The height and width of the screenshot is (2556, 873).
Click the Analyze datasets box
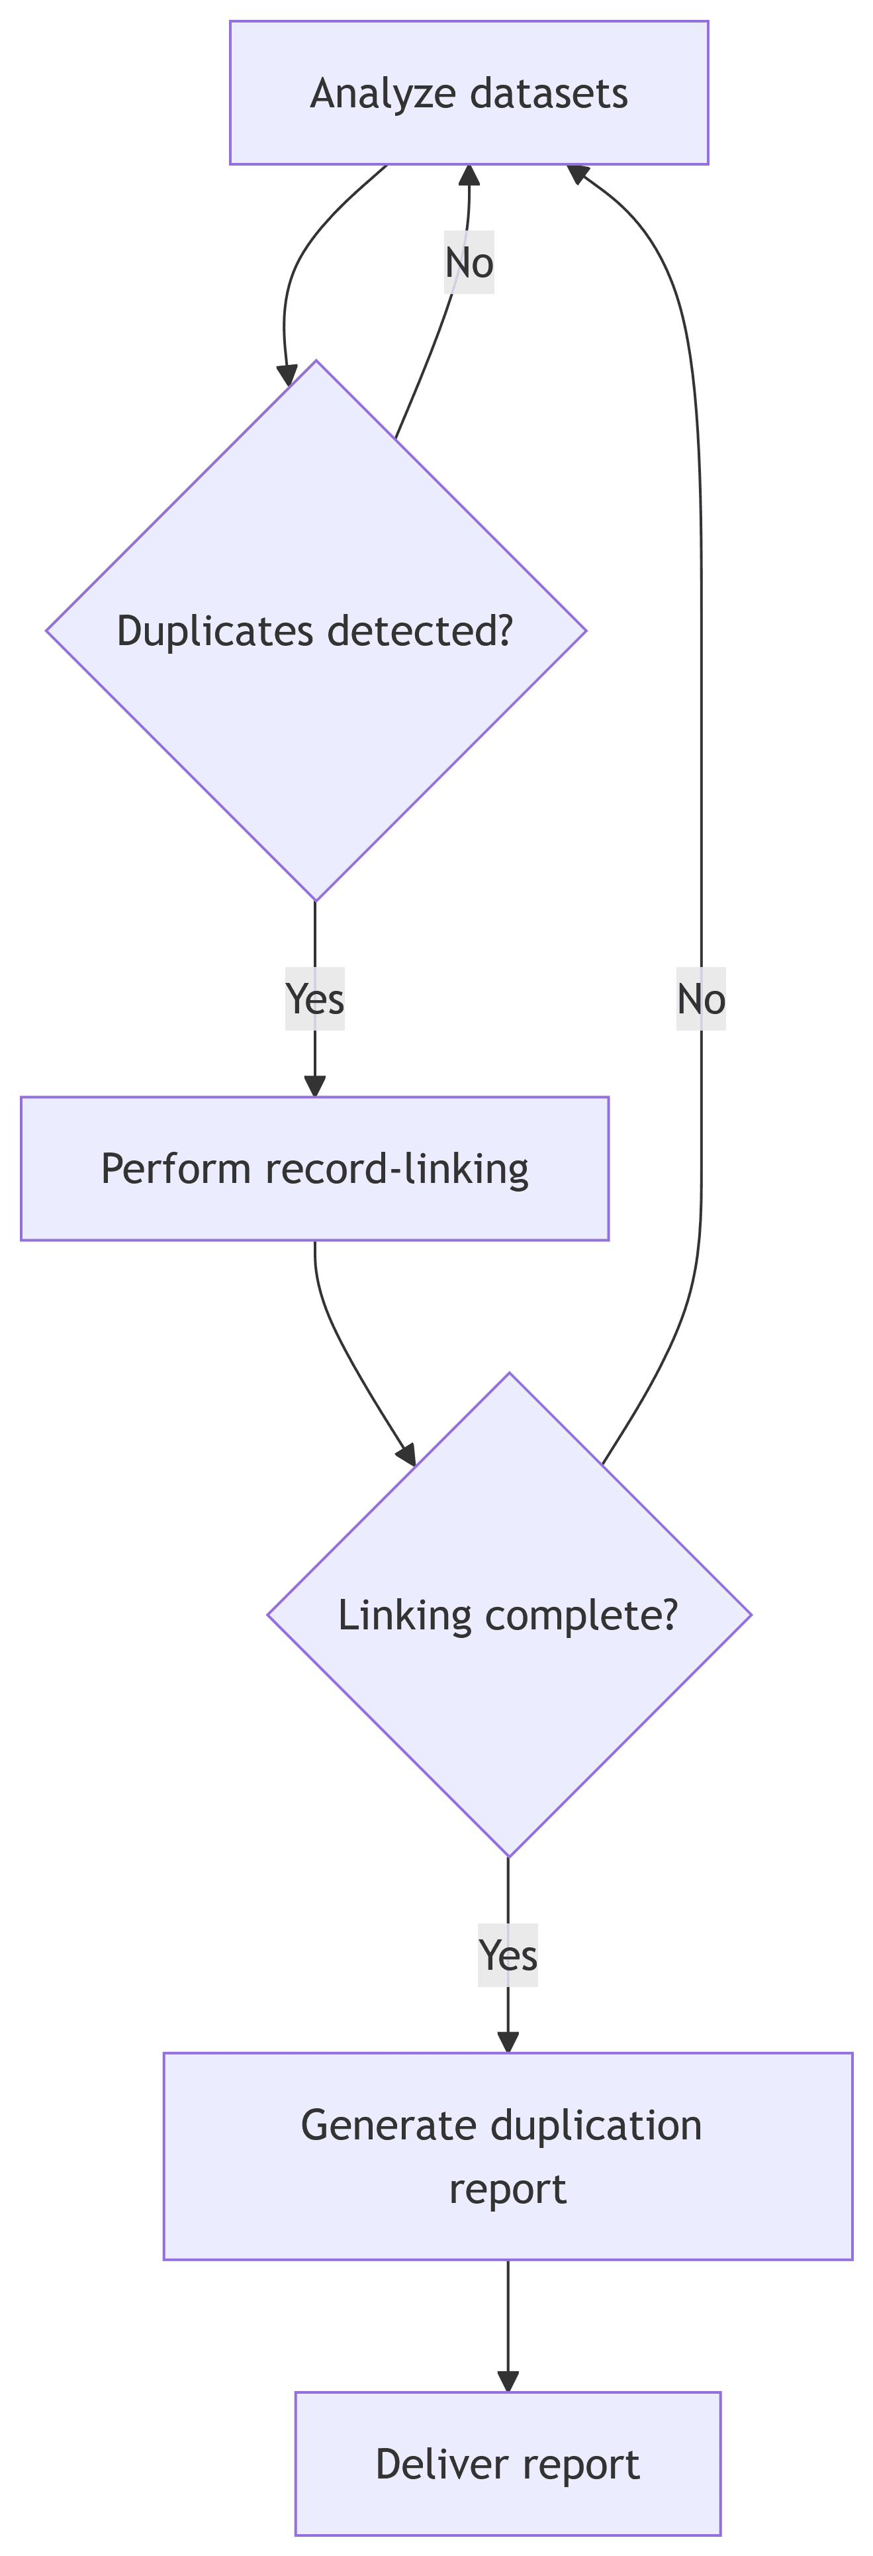[x=468, y=92]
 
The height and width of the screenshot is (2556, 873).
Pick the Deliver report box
[x=507, y=2464]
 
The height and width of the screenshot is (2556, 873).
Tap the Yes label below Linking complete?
[x=508, y=1955]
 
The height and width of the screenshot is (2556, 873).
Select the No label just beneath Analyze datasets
[x=468, y=263]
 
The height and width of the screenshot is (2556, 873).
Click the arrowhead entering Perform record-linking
[x=314, y=1086]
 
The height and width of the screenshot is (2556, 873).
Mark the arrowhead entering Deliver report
[x=508, y=2381]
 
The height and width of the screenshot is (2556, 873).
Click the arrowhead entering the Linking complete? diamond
[x=407, y=1455]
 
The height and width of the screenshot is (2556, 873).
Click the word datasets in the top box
[x=549, y=93]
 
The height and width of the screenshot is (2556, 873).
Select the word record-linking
[x=397, y=1169]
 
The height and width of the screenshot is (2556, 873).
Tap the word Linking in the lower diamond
[x=405, y=1615]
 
